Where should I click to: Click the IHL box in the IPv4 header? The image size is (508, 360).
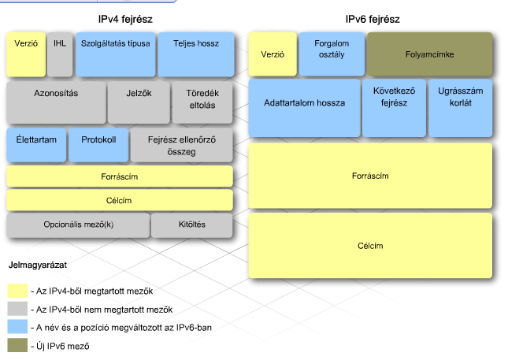tap(60, 54)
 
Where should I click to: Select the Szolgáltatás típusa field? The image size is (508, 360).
tap(116, 54)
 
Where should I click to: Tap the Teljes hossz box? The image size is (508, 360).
tap(196, 54)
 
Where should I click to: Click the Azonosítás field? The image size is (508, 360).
tap(57, 102)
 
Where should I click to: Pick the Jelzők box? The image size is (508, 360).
tap(139, 102)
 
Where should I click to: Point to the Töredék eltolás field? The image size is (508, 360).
tap(202, 102)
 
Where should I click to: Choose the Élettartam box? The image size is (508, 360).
tap(36, 145)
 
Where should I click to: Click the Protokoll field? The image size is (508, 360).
tap(98, 145)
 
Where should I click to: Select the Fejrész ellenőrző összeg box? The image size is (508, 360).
tap(182, 145)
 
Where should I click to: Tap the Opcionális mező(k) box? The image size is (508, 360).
tap(79, 225)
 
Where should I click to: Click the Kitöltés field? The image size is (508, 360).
tap(192, 225)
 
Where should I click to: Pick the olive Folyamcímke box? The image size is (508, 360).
tap(429, 54)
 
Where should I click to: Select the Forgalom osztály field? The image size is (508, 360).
tap(332, 54)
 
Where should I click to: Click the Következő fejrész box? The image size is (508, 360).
tap(394, 108)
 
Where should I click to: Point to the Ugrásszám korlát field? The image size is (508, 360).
tap(461, 108)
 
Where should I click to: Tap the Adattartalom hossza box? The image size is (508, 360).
tap(305, 108)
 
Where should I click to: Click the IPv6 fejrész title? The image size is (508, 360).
tap(373, 20)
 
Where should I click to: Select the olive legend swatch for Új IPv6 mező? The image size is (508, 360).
tap(17, 345)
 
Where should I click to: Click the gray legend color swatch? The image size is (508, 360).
tap(17, 309)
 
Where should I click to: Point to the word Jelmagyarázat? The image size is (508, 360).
tap(38, 265)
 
